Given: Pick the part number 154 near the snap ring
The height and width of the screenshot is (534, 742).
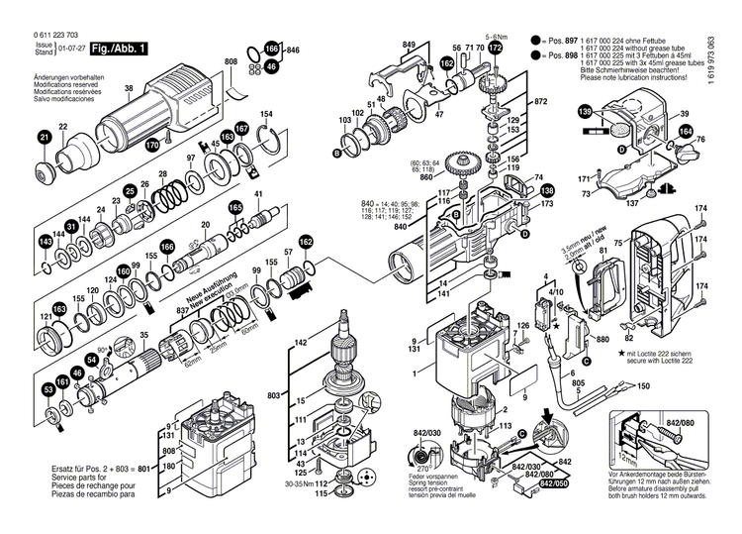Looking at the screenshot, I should [266, 115].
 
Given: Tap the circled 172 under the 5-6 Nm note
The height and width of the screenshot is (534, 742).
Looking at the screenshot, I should [496, 47].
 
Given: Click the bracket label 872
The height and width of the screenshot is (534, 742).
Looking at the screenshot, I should [540, 102].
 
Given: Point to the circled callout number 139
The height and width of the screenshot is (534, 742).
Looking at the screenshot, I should [586, 116].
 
